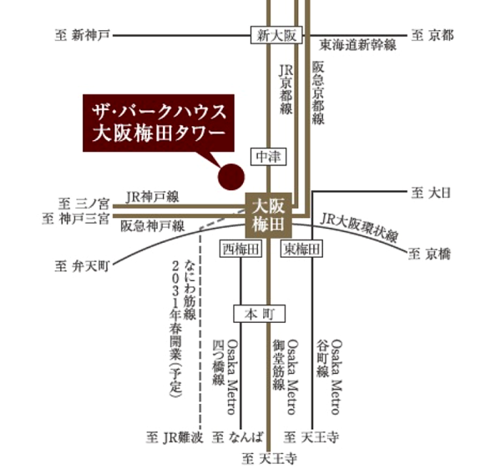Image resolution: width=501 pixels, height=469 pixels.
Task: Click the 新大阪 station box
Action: [274, 36]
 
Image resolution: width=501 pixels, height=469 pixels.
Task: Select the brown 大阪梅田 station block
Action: [268, 214]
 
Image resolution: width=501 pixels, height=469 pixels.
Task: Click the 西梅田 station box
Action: [240, 249]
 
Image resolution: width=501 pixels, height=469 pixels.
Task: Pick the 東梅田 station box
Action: [300, 249]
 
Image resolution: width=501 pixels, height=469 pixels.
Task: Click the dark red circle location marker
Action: [230, 176]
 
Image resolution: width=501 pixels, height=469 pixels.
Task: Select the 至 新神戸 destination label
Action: [81, 36]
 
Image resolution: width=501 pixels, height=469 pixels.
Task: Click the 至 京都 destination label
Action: [432, 36]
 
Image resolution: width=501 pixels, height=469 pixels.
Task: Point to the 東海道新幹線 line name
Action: [357, 45]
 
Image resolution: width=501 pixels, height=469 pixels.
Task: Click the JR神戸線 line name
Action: [153, 197]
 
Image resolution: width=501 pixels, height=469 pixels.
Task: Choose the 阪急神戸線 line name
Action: [152, 226]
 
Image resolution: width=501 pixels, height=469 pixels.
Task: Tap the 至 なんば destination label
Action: [240, 436]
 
